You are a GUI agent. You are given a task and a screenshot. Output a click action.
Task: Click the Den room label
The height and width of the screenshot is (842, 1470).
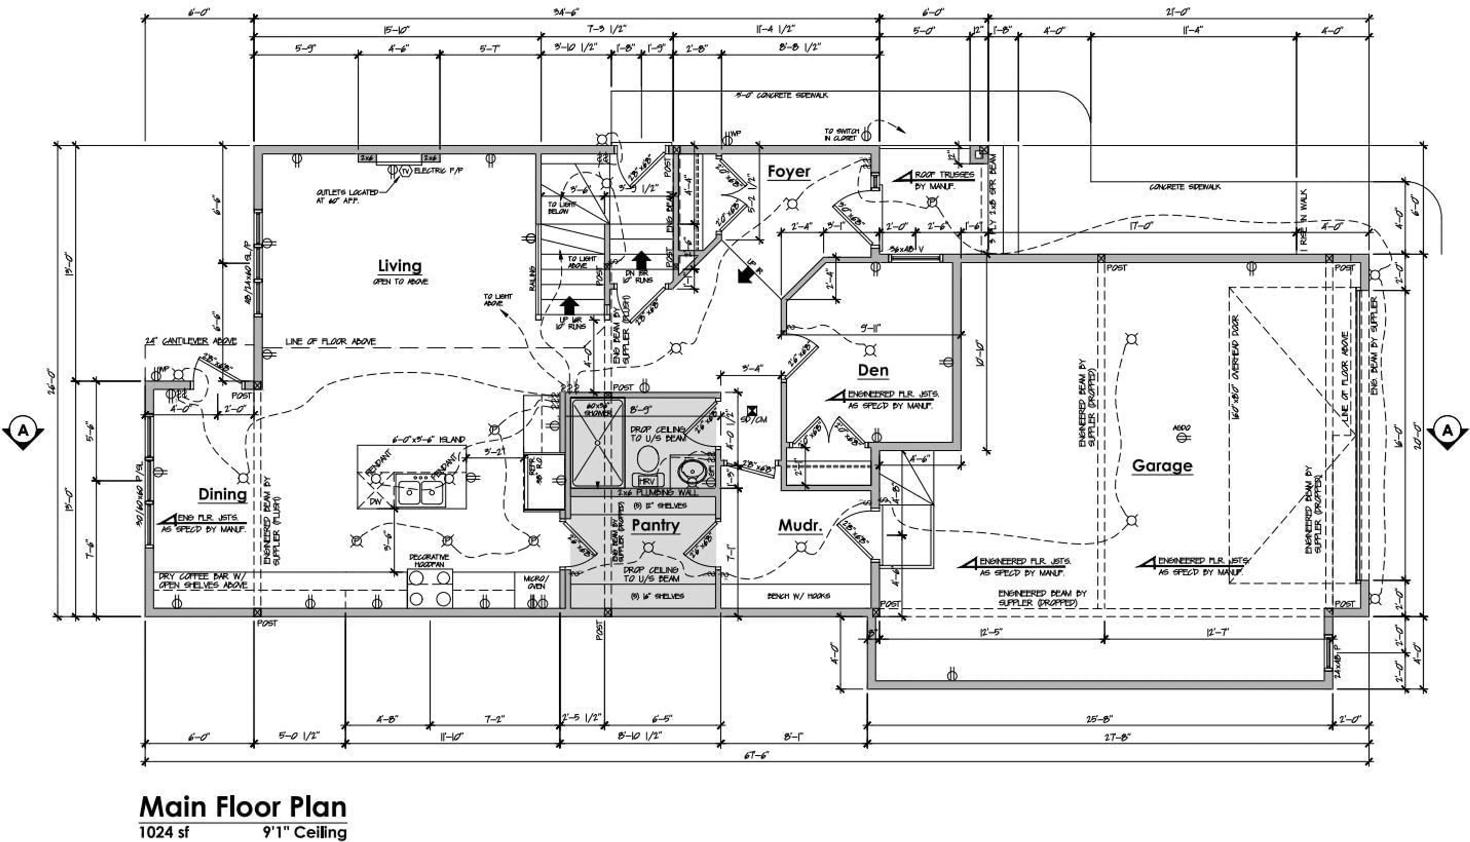tap(873, 370)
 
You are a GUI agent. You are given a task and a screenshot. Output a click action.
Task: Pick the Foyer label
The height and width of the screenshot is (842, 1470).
tap(789, 172)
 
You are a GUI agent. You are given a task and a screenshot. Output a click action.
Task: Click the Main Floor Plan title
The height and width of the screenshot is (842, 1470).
tap(243, 807)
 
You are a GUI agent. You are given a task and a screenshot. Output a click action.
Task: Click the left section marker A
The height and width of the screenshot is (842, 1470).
tap(23, 431)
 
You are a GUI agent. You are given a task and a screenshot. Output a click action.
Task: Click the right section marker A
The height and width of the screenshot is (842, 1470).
tap(1447, 431)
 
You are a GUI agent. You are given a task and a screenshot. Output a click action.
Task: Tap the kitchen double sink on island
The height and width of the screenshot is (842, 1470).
tap(420, 492)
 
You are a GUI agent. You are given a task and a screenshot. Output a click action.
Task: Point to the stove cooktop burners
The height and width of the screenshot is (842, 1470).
tap(430, 588)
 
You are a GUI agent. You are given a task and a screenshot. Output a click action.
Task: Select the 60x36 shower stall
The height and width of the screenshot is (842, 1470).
tap(597, 443)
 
